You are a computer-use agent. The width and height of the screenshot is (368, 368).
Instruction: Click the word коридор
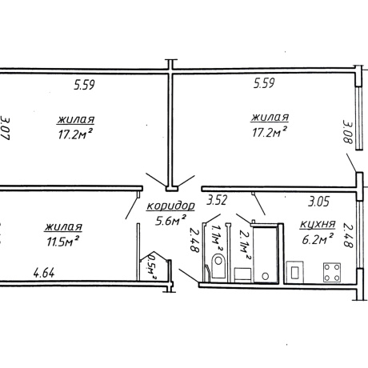[x=171, y=206]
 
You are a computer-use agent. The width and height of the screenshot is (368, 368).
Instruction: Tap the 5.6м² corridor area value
[x=170, y=221]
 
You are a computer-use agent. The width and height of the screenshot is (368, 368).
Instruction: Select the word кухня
[x=318, y=224]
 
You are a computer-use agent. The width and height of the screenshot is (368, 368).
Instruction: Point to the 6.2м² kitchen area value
[x=318, y=238]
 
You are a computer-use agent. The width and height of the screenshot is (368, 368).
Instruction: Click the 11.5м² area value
[x=62, y=241]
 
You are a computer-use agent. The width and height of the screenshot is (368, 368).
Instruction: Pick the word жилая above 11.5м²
[x=63, y=227]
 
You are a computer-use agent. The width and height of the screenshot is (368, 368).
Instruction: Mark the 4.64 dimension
[x=44, y=274]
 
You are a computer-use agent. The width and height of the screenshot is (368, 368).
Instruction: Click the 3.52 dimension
[x=217, y=200]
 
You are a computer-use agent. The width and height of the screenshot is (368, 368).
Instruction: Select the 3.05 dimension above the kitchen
[x=319, y=202]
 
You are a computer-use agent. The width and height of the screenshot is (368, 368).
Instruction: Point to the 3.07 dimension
[x=5, y=128]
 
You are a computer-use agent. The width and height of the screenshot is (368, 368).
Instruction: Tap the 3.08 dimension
[x=347, y=131]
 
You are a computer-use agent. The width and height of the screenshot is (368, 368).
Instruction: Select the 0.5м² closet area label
[x=152, y=266]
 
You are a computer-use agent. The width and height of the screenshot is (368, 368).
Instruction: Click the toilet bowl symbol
[x=218, y=266]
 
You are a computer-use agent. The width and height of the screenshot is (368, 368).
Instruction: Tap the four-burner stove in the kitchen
[x=332, y=272]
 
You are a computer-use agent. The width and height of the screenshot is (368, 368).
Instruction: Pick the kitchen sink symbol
[x=294, y=272]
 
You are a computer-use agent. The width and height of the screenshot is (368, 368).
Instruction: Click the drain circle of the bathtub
[x=265, y=276]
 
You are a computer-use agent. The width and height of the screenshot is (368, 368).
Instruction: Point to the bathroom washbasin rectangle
[x=242, y=274]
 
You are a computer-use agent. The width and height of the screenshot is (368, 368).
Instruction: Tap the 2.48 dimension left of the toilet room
[x=194, y=240]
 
